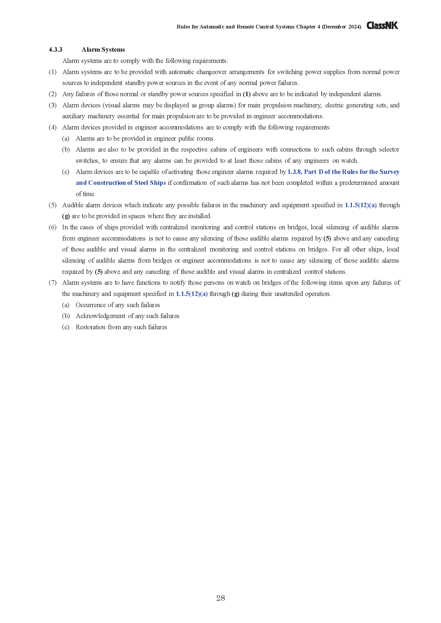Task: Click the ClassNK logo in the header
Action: [382, 26]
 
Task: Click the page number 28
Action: [221, 598]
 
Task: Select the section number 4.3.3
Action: [55, 50]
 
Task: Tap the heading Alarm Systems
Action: [103, 50]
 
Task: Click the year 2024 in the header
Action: [354, 27]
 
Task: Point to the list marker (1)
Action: [53, 72]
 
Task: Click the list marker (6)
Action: [53, 227]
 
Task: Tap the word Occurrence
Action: [91, 305]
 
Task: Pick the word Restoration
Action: [90, 327]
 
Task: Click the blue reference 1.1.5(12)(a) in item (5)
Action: [360, 205]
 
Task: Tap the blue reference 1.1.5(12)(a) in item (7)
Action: [191, 294]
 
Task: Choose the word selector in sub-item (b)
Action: [389, 149]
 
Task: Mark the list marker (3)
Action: [53, 105]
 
